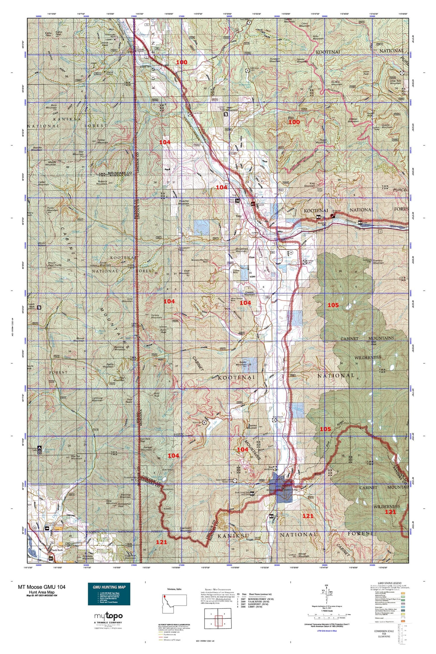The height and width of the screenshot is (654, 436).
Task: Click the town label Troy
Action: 238,216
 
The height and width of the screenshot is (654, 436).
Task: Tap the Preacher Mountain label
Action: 183,202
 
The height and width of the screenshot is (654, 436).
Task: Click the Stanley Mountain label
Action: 252,426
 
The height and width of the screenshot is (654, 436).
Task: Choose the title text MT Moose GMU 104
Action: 42,587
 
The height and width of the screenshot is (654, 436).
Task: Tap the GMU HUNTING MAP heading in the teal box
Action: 109,587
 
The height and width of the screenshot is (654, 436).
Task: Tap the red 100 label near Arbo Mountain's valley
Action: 294,122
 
